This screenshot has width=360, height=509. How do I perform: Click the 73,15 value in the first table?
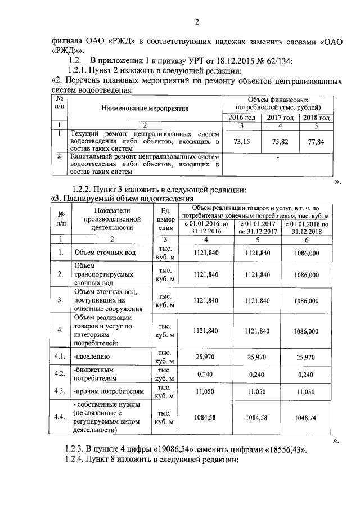click(x=241, y=142)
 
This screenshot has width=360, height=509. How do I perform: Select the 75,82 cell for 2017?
click(x=280, y=142)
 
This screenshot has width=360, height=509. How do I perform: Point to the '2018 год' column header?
click(x=316, y=117)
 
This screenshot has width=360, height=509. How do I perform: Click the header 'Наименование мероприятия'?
click(x=145, y=108)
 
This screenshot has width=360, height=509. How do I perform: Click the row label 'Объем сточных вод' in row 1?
click(x=105, y=253)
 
